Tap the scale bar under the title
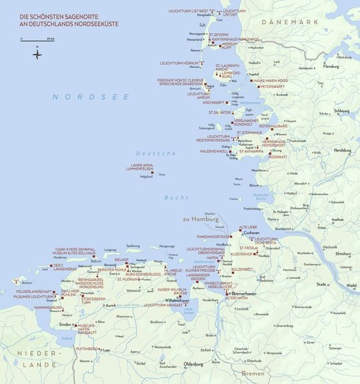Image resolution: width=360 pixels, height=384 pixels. tap(38, 40)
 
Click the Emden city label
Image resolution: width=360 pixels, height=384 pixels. tap(65, 325)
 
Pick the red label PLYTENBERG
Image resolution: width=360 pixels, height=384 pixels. tap(86, 349)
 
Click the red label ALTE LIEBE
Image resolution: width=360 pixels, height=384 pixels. tap(248, 227)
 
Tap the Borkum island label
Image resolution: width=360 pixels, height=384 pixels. tap(26, 282)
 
